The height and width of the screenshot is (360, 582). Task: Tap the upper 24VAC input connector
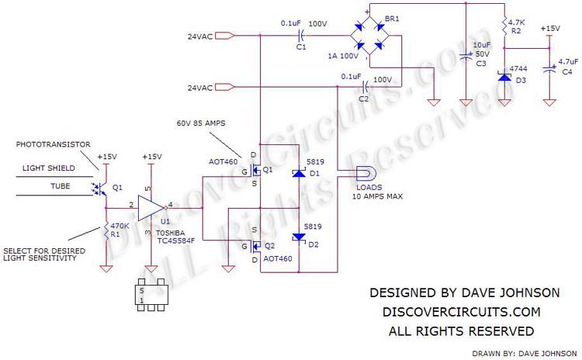point(225,36)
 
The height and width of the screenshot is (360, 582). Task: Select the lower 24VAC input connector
point(225,88)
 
